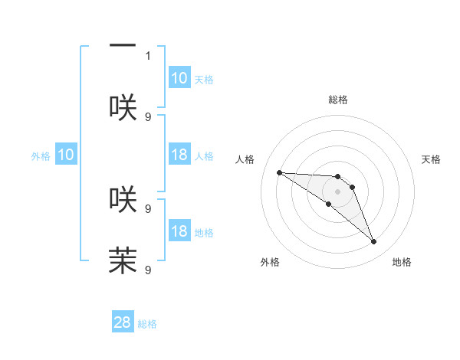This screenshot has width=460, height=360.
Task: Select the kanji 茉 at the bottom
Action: (123, 260)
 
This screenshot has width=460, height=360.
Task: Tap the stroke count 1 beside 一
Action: (148, 55)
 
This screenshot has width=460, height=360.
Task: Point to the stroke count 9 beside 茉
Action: (148, 270)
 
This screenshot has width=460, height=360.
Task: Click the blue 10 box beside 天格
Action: (179, 78)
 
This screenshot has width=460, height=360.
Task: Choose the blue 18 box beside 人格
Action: (179, 155)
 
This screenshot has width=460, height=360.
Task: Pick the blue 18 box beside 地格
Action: (179, 232)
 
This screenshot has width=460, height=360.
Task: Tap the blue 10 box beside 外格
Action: (65, 155)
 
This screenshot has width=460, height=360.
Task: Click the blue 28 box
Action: (123, 322)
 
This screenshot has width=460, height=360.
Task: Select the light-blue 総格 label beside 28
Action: (147, 324)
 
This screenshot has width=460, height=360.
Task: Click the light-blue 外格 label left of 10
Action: (41, 156)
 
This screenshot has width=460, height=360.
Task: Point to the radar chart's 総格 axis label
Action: (337, 100)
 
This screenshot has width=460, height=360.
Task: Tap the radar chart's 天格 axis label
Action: (431, 159)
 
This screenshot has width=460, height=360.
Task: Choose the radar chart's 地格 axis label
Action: (402, 262)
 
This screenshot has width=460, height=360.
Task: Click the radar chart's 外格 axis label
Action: (270, 262)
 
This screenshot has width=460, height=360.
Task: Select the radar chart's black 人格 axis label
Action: (245, 159)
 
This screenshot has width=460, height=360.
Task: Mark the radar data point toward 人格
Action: (279, 172)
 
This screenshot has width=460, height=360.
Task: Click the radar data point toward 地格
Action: (374, 242)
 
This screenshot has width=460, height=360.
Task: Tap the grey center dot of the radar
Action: (337, 191)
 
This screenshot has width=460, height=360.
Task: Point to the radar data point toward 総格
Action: (337, 177)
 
